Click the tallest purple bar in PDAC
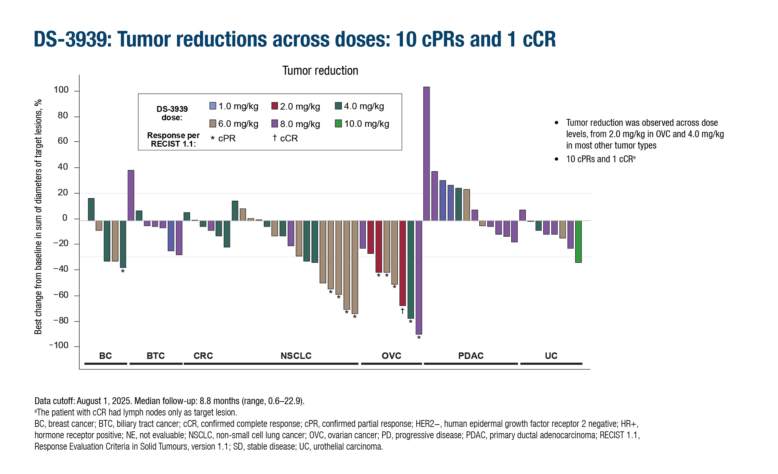click(426, 153)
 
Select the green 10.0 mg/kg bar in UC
click(578, 242)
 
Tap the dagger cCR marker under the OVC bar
click(402, 311)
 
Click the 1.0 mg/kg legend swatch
click(213, 106)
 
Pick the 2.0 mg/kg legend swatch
click(275, 106)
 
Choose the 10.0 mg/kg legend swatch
click(338, 124)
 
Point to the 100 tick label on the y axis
click(61, 90)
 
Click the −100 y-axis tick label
click(59, 345)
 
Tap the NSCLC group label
click(296, 356)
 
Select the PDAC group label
click(471, 356)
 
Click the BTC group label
click(156, 356)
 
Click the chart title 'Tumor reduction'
click(320, 71)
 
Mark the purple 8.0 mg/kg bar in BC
click(131, 195)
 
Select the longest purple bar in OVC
click(419, 277)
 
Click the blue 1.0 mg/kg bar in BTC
click(171, 236)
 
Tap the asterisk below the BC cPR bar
click(123, 271)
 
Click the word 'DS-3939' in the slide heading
click(73, 39)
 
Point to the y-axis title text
click(38, 217)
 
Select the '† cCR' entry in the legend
click(285, 138)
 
